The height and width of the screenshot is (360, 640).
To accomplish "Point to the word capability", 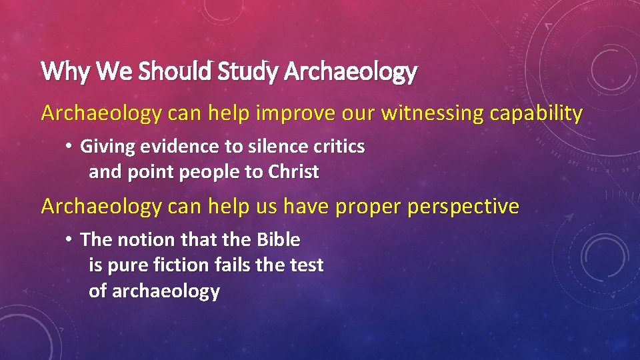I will tap(536, 114).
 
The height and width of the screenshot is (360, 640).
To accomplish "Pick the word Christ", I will tap(293, 172).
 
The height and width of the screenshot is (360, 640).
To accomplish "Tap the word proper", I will tap(363, 207).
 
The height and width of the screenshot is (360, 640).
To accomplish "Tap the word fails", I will tap(233, 265).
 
